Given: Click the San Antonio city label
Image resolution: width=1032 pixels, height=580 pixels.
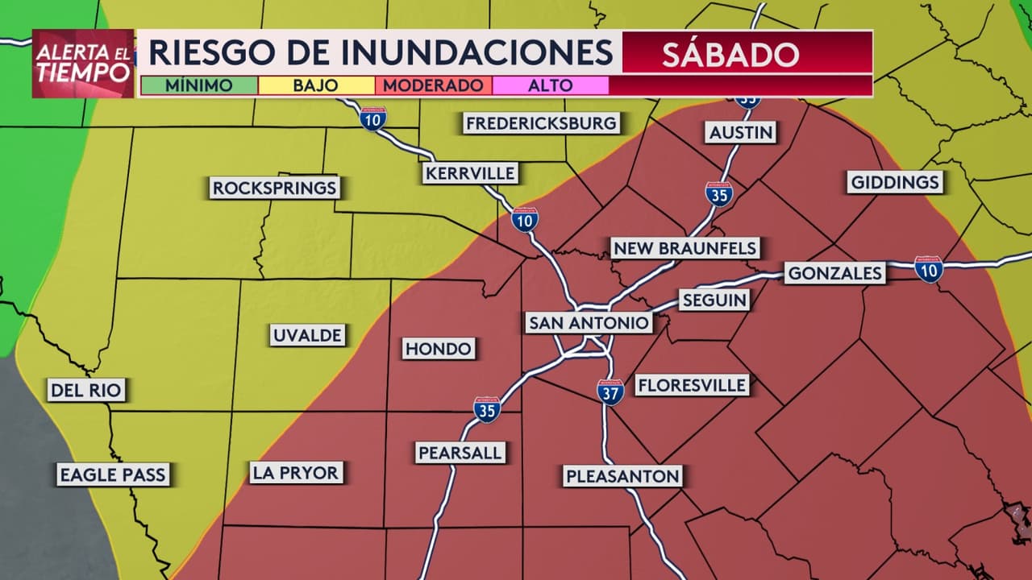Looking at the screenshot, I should coord(589,323).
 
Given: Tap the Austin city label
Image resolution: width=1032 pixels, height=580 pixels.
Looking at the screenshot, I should coord(741,132).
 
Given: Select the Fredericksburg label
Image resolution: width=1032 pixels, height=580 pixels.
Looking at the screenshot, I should coord(541,123).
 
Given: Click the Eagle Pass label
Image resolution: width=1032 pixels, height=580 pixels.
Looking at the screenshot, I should coord(113,474).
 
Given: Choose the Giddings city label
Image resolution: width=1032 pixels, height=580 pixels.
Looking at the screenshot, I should coord(895,182).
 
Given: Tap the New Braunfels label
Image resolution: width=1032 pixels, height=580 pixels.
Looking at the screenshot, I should coord(685,248).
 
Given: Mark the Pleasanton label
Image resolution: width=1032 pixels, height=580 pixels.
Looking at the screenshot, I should coord(622,476).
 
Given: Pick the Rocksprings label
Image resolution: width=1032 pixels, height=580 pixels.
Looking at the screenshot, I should coord(274,188).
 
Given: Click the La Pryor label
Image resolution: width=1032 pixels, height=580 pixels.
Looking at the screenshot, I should coord(296,472).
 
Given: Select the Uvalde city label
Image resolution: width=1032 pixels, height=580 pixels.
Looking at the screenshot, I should coord(307,335).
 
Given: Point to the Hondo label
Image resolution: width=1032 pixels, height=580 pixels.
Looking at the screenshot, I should coord(439,348).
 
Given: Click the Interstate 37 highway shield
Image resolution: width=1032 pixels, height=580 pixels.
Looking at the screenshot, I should coord(610,391).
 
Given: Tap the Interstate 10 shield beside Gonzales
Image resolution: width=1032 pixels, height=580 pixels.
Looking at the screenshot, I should coord(929,269).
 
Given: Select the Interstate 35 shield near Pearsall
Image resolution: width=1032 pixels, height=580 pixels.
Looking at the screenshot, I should coord(487,408).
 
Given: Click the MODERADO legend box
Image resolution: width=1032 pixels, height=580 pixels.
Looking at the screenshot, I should coord(434,85).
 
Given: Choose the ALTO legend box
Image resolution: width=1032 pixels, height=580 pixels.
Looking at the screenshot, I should coord(551,85).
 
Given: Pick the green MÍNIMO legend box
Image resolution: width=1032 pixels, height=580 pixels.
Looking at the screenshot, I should coord(199,85).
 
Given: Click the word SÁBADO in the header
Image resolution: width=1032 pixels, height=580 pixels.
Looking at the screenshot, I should coord(730,53).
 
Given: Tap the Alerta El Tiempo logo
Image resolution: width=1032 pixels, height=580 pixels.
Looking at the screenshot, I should coord(83,64).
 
